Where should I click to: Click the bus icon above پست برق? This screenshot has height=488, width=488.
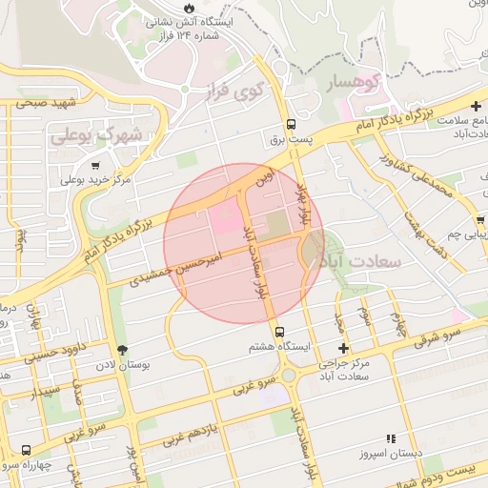point(293,124)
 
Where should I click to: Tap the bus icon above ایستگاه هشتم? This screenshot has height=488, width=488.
point(279,333)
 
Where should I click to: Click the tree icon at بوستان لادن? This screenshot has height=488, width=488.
point(121,349)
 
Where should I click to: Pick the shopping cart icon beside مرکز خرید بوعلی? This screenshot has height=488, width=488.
point(95,166)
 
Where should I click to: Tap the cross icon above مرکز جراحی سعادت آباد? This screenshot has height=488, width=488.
point(343,349)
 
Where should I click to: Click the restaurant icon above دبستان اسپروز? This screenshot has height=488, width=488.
point(391,437)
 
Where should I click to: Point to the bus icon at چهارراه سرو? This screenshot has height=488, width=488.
point(25,450)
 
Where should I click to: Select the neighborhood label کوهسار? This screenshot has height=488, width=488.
point(354,84)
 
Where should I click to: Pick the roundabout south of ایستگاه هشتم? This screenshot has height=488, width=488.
point(289,375)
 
